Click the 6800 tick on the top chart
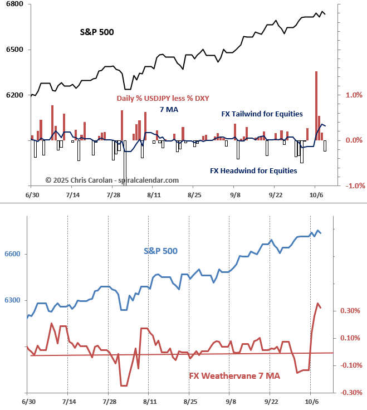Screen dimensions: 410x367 click(x=15, y=4)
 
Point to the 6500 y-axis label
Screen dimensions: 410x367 click(x=15, y=50)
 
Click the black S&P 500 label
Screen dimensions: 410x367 click(x=97, y=32)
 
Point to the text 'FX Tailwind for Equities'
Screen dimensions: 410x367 click(x=262, y=114)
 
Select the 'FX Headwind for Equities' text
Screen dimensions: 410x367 click(x=253, y=170)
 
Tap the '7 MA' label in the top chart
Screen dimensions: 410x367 click(x=169, y=109)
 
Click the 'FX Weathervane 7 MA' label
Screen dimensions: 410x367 click(x=234, y=376)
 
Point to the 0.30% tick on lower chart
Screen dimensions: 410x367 click(x=350, y=311)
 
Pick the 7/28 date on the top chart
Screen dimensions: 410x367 click(x=113, y=196)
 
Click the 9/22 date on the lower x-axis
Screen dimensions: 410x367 click(x=271, y=402)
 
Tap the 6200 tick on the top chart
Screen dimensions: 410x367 click(x=15, y=96)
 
